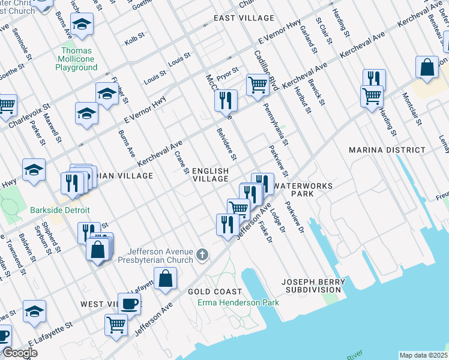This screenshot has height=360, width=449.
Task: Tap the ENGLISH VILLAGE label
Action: pyautogui.click(x=210, y=175)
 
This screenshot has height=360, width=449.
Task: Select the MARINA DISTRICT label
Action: pyautogui.click(x=387, y=150)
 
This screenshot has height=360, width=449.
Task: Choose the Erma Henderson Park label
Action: pyautogui.click(x=238, y=302)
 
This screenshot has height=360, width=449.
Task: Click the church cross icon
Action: pyautogui.click(x=203, y=255)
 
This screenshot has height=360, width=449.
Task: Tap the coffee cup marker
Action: pyautogui.click(x=129, y=304)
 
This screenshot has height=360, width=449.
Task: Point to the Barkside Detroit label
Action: pyautogui.click(x=60, y=210)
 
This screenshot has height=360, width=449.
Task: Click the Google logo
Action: pyautogui.click(x=20, y=353)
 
